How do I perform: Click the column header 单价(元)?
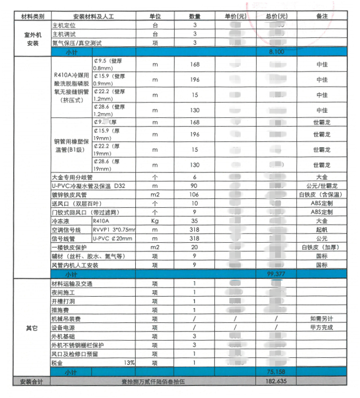tap(236, 17)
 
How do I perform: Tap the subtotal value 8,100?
tap(276, 52)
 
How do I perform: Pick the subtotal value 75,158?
tap(276, 372)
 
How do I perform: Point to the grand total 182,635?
tap(276, 381)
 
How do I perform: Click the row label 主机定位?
tap(64, 26)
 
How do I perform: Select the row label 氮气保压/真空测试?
tap(77, 43)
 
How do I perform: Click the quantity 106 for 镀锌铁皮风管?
tap(195, 195)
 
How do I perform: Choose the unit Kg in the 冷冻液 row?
tap(155, 220)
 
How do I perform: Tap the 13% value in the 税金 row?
tap(129, 362)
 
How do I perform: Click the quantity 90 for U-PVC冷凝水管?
tap(195, 186)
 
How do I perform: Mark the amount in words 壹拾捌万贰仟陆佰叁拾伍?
tap(155, 381)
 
